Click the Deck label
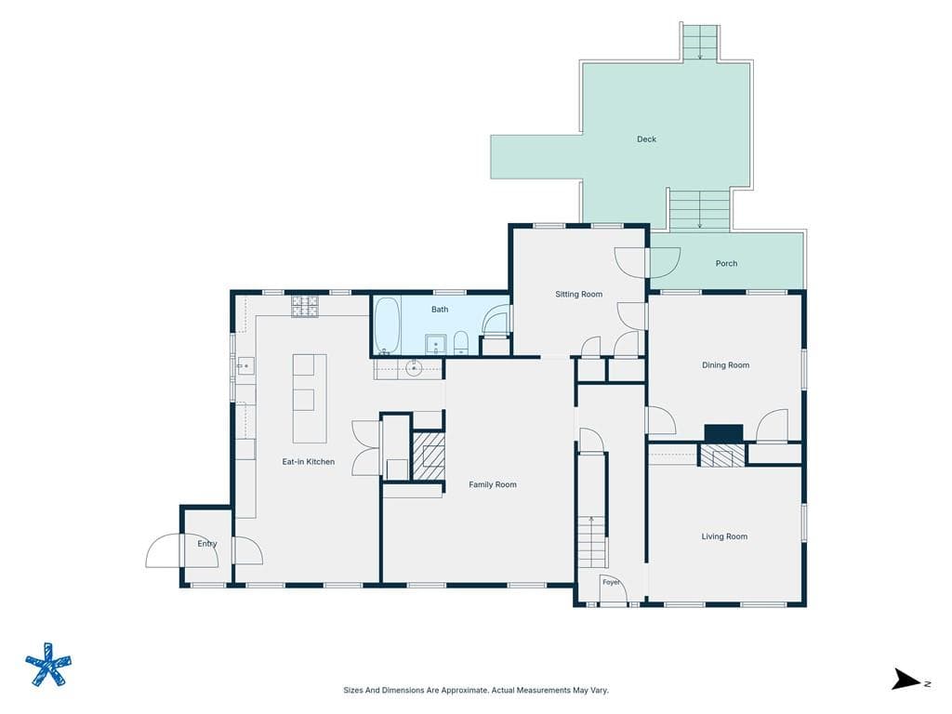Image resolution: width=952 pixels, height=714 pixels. pos(647,139)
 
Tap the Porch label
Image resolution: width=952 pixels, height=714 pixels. pos(726,263)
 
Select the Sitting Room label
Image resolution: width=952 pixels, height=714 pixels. pos(578,295)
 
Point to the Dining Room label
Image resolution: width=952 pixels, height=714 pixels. pos(725,364)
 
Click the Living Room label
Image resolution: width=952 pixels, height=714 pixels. pos(724,536)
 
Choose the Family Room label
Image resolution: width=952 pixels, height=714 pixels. pos(493,484)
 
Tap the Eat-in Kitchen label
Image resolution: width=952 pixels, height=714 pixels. pos(309,461)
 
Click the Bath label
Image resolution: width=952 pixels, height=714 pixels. pos(440,310)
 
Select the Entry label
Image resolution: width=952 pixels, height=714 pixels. pos(207,543)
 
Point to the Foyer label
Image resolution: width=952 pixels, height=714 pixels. pos(611,582)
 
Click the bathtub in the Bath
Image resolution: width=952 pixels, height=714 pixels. pos(387,325)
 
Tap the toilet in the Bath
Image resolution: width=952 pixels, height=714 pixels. pos(461,343)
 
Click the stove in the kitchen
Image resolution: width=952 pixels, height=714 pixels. pos(305,307)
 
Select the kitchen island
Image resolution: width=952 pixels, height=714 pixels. pos(310,398)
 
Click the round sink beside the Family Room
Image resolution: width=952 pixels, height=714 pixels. pos(414,367)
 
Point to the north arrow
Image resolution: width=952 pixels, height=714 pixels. pos(906,680)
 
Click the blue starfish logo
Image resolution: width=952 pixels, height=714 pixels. pos(48,665)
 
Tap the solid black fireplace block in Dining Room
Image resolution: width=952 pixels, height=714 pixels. pos(723,433)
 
